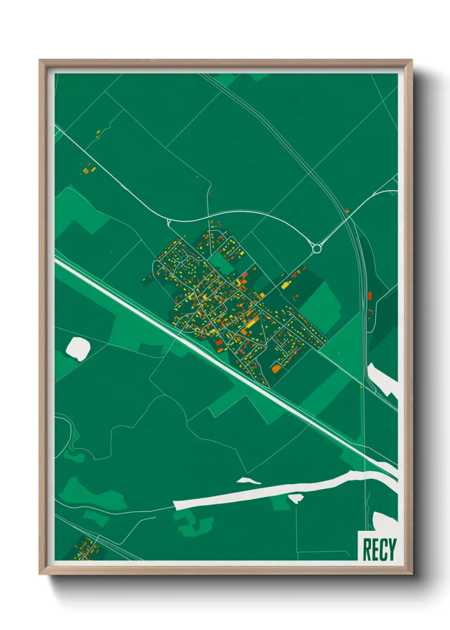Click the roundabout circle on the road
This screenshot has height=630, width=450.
pos(317,248)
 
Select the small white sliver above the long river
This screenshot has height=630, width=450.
pos(249,481)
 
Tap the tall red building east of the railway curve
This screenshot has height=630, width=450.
pos(370,296)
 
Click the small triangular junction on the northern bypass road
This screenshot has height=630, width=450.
pos(169,221)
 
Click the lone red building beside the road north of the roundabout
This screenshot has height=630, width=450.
pos(347,210)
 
